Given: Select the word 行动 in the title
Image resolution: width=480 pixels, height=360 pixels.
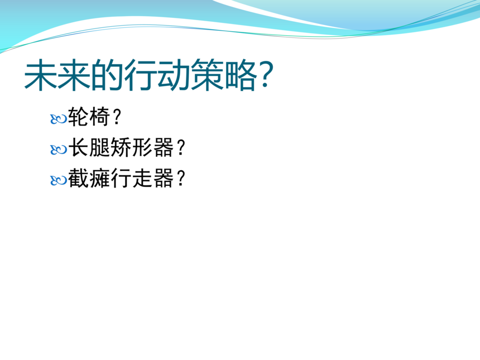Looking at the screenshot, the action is point(157,75).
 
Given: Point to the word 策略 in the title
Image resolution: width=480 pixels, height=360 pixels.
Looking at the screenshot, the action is point(223,75).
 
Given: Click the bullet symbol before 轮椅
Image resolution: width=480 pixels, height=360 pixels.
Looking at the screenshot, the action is point(58,119).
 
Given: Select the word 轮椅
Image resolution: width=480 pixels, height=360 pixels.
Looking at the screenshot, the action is point(89,117).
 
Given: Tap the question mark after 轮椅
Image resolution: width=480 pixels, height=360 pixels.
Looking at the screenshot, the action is point(117,117).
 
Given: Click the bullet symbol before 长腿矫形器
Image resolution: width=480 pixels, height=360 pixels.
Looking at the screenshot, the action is point(58,150).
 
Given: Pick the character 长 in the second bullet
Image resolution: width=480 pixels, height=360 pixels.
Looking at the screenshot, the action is point(79,147).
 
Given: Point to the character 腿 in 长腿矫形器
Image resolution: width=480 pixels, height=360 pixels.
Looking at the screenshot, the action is point(100,147).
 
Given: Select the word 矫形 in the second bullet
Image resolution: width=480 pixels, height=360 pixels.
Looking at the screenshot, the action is point(132,147).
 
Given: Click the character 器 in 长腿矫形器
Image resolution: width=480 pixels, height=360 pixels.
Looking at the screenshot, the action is point(164,147).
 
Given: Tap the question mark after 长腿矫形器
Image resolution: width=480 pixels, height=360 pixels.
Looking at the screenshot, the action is point(181,147).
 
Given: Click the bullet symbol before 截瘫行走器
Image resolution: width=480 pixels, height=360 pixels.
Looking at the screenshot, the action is point(58,180).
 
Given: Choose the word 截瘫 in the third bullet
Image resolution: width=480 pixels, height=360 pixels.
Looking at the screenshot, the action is point(89,178).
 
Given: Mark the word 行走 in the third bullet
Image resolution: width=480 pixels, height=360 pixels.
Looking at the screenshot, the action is point(132,178).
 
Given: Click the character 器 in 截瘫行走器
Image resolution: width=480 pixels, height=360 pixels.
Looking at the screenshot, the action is point(164,178).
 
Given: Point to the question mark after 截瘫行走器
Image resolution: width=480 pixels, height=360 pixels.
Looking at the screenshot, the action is point(181,178).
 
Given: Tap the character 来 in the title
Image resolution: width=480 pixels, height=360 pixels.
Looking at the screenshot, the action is point(74,75).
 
